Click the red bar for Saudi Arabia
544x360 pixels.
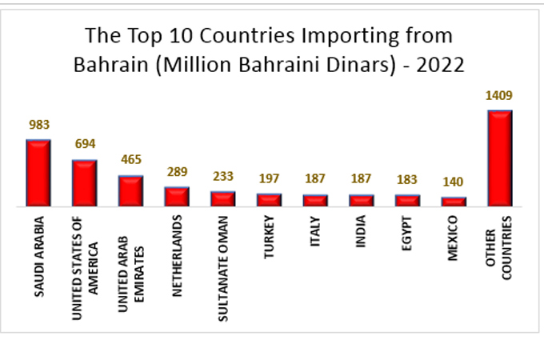38,173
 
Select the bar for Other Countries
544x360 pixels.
499,158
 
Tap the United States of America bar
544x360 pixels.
85,183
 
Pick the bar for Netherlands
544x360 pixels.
177,197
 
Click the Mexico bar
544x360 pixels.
454,202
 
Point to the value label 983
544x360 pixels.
39,125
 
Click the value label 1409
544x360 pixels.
498,96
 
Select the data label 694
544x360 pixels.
85,144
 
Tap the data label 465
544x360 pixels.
131,159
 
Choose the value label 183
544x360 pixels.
408,179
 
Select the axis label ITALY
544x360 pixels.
315,232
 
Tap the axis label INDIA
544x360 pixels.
362,233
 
